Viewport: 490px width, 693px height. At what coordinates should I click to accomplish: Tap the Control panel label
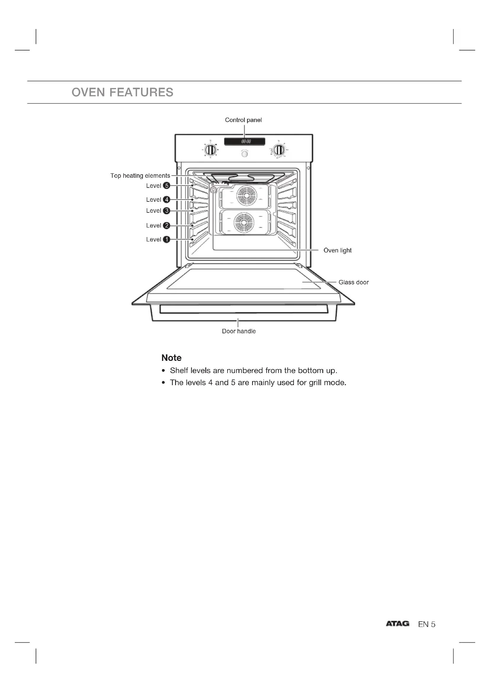click(x=243, y=120)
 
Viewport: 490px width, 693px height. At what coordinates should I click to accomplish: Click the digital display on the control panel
click(x=245, y=141)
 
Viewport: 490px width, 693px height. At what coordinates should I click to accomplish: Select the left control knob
click(x=210, y=150)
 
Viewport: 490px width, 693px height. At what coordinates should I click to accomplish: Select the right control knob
click(x=278, y=150)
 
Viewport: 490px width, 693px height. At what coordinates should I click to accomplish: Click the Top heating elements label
click(x=140, y=176)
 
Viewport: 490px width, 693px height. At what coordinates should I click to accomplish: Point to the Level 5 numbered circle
click(x=166, y=186)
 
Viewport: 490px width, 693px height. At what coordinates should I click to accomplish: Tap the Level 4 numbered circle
click(x=166, y=199)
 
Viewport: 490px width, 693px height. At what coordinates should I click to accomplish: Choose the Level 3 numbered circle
click(x=166, y=211)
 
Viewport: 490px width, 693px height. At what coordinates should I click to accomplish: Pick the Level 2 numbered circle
click(x=166, y=225)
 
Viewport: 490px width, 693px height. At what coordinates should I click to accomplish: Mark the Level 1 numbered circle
click(x=166, y=239)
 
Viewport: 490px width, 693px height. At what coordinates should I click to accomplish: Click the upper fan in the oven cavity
click(x=246, y=195)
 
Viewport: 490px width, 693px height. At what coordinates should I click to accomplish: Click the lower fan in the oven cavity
click(x=244, y=223)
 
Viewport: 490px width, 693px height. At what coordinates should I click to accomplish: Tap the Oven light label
click(x=337, y=251)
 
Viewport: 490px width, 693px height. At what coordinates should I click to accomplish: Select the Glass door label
click(x=353, y=283)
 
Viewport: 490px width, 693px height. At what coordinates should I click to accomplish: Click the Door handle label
click(x=239, y=332)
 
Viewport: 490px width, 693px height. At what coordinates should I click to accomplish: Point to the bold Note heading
click(x=171, y=358)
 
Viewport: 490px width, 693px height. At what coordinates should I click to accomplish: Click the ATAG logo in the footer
click(x=397, y=624)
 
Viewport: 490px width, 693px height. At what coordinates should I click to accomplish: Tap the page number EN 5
click(x=427, y=625)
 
